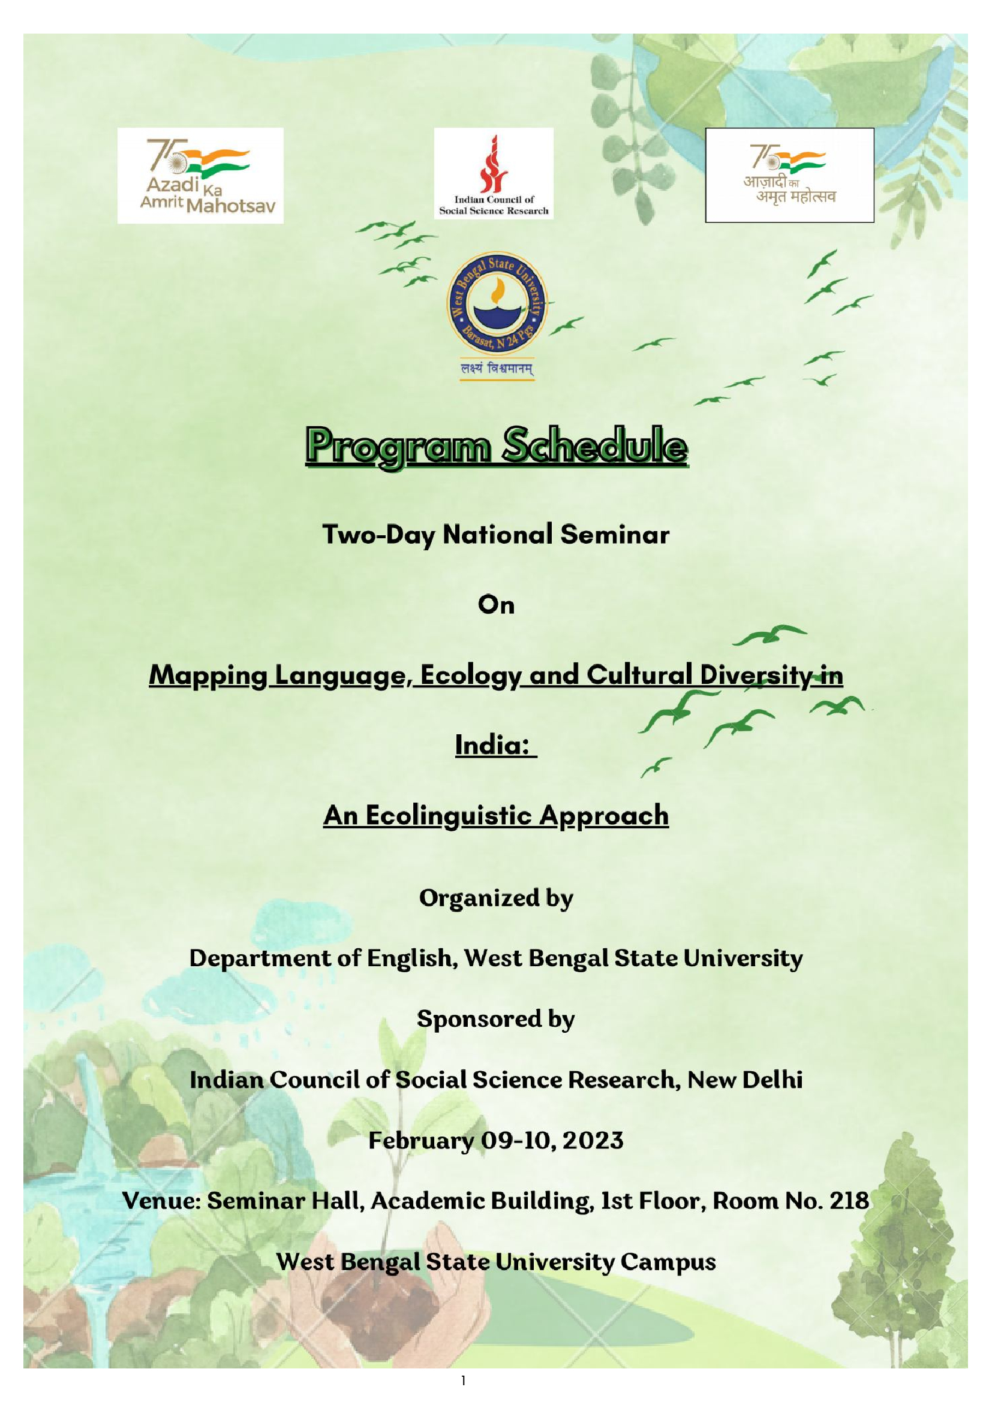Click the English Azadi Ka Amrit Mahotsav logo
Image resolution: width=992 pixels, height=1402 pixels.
pyautogui.click(x=200, y=175)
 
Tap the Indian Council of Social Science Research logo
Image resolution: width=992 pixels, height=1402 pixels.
pyautogui.click(x=494, y=173)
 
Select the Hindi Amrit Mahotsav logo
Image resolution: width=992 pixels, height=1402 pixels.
pyautogui.click(x=789, y=174)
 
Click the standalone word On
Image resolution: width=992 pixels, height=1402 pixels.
pyautogui.click(x=496, y=605)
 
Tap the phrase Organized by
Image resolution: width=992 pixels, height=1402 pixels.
pyautogui.click(x=496, y=898)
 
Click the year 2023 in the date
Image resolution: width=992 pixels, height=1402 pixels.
pyautogui.click(x=593, y=1141)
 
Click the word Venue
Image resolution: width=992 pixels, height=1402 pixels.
pyautogui.click(x=161, y=1201)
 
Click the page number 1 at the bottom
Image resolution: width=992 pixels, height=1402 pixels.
pyautogui.click(x=464, y=1380)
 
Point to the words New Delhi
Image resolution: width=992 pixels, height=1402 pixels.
pyautogui.click(x=745, y=1080)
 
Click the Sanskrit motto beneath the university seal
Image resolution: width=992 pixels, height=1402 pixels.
pyautogui.click(x=497, y=369)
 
